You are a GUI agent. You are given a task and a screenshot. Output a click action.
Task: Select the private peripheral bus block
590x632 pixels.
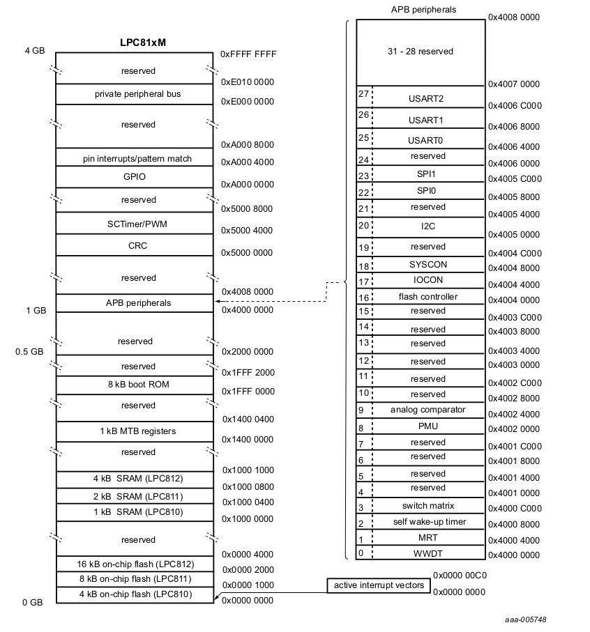click(134, 94)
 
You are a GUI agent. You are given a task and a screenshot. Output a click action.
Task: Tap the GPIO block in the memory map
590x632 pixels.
click(134, 177)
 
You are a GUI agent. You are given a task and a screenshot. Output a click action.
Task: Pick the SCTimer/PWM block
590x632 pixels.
click(134, 223)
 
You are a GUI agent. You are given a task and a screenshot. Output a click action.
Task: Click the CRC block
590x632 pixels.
click(134, 245)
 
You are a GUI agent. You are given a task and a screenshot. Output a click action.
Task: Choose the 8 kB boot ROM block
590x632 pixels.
click(134, 385)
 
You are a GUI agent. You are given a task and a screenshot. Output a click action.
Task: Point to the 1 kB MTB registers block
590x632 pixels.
click(134, 431)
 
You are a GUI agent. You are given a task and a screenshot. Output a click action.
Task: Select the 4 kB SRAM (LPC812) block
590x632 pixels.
click(134, 479)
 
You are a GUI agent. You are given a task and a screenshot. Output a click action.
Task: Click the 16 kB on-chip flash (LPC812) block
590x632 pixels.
click(134, 564)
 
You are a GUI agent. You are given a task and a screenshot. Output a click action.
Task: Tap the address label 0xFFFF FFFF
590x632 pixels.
click(248, 53)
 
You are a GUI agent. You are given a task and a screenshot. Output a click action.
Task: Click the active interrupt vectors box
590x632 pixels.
click(379, 585)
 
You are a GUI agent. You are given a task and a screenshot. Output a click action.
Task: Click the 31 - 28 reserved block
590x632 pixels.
click(421, 52)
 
